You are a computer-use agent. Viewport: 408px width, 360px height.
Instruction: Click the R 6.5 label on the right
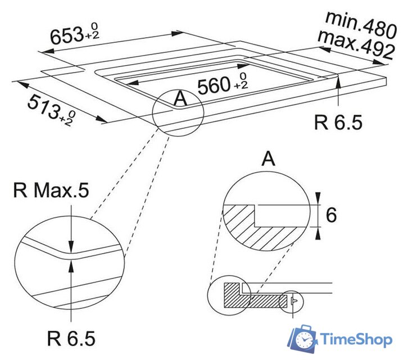pyautogui.click(x=338, y=122)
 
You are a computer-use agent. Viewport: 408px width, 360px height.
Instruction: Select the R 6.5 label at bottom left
pyautogui.click(x=71, y=339)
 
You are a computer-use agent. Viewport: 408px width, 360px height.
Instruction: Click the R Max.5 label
pyautogui.click(x=51, y=191)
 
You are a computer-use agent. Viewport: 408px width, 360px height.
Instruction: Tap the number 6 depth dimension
pyautogui.click(x=332, y=214)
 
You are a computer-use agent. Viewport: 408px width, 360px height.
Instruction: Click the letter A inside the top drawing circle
pyautogui.click(x=180, y=99)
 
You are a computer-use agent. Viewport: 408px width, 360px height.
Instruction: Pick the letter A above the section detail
pyautogui.click(x=269, y=159)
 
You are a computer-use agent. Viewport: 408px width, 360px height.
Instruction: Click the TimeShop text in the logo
pyautogui.click(x=357, y=339)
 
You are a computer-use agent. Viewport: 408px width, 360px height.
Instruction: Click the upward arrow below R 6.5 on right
pyautogui.click(x=338, y=84)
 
